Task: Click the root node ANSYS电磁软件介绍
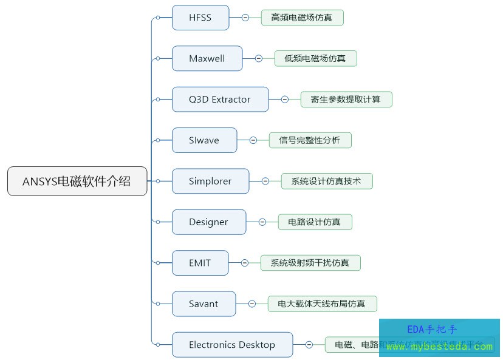coord(77,181)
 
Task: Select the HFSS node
coord(200,18)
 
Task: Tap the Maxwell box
coord(207,58)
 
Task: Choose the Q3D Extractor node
coord(220,100)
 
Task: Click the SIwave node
coord(204,140)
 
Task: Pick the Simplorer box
coord(210,181)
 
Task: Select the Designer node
coord(209,222)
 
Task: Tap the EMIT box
coord(200,263)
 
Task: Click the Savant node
coord(204,304)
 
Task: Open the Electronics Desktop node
coord(232,345)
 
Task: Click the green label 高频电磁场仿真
coord(302,18)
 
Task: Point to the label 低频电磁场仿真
coord(315,58)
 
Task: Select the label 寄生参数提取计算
coord(346,100)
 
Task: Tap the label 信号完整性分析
coord(310,140)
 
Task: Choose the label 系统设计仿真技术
coord(327,181)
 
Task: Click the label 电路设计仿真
coord(315,222)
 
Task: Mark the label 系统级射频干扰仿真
coord(310,263)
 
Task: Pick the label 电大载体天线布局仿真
coord(322,304)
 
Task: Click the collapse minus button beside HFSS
coord(245,18)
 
